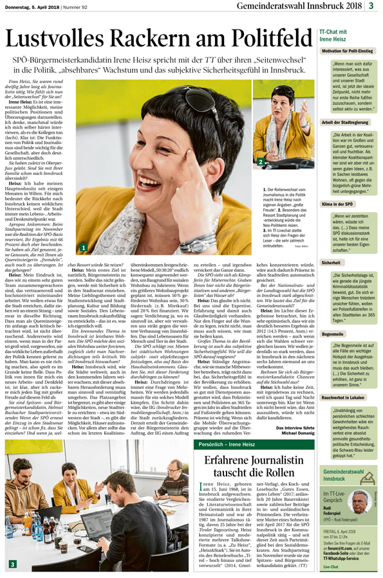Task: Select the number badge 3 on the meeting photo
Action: [11, 564]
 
